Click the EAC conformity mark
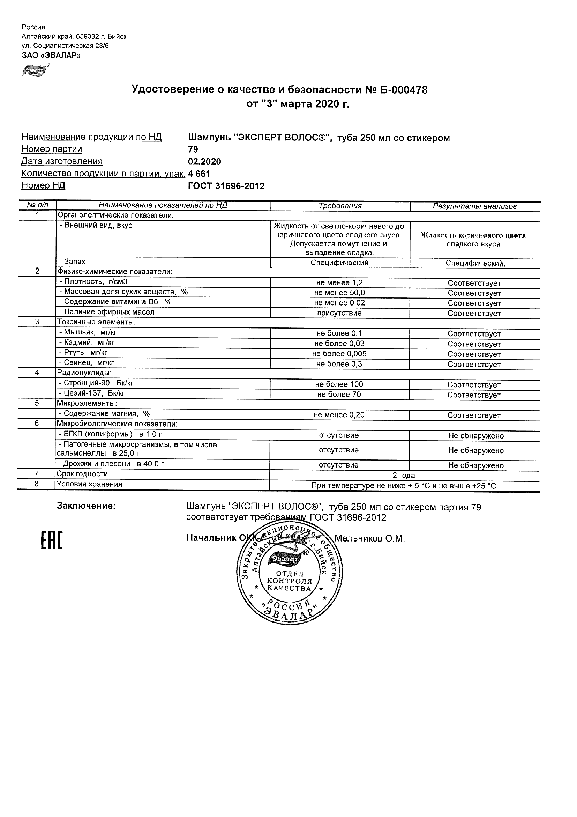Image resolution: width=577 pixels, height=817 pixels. point(52,540)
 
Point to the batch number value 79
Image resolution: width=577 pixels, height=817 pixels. point(193,149)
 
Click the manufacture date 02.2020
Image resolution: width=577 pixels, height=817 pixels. point(204,162)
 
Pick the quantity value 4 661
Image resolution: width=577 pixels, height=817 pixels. point(199,174)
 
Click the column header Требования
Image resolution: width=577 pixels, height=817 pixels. point(340,206)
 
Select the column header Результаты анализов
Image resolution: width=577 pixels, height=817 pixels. point(474,206)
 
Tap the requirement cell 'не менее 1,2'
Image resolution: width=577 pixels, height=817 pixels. point(339,283)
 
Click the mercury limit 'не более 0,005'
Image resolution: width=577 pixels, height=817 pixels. point(339,354)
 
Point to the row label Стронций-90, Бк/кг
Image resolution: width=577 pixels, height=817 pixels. point(96,383)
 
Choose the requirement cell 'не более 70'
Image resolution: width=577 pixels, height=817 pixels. point(339,394)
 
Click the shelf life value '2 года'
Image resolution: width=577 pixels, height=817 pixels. point(404,476)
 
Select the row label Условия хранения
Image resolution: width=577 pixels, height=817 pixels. point(90,484)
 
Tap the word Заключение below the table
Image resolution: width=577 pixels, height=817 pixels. point(87,506)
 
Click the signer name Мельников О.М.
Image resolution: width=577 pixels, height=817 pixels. point(370,539)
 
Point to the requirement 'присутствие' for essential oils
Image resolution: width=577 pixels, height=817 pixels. point(339,313)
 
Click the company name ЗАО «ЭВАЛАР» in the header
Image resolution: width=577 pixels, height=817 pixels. point(51,55)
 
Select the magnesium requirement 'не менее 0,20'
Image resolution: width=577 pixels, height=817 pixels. point(339,415)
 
